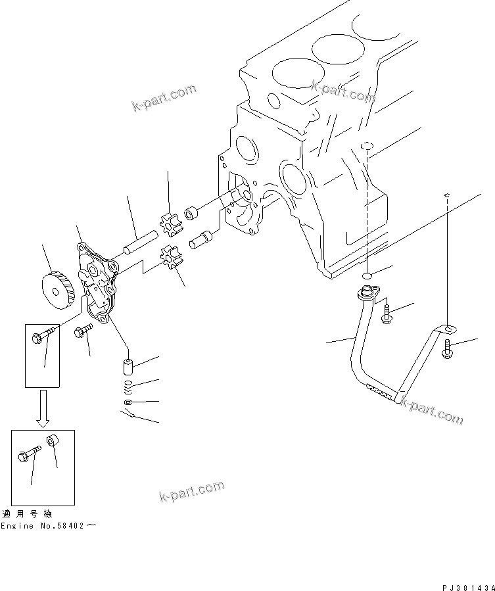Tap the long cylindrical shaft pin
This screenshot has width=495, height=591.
point(139,241)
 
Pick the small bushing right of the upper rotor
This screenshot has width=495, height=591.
point(192,214)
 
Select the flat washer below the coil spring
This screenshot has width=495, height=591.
point(129,402)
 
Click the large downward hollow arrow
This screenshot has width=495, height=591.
point(43,406)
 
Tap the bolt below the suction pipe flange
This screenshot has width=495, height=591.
point(387,314)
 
